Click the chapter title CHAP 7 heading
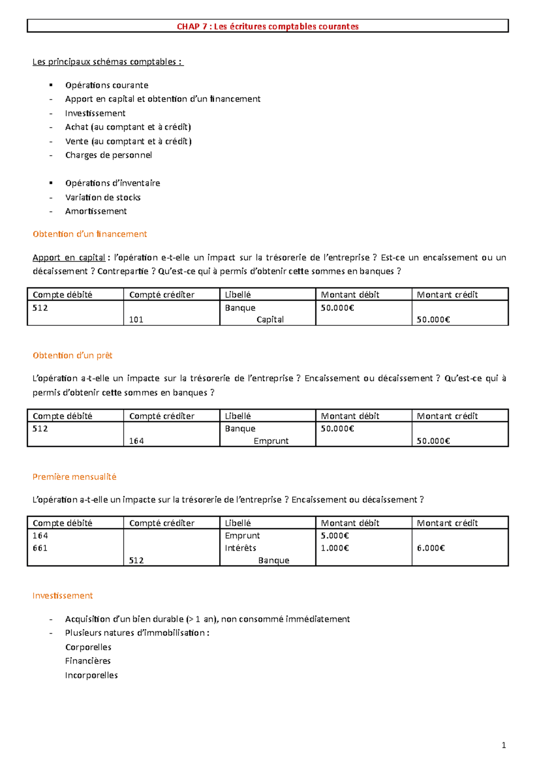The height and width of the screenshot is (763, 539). click(268, 27)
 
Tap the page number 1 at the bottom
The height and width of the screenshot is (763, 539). click(504, 745)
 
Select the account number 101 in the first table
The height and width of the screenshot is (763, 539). click(136, 319)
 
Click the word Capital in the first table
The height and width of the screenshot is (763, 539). click(270, 319)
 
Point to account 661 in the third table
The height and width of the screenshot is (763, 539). click(40, 548)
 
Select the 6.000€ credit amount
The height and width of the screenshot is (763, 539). click(430, 548)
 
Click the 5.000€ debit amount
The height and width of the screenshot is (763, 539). click(335, 536)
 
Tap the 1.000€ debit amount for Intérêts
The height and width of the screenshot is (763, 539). click(335, 548)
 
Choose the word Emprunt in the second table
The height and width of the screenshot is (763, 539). click(271, 441)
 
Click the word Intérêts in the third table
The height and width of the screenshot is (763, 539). click(240, 548)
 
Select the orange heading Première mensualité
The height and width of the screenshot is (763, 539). click(74, 477)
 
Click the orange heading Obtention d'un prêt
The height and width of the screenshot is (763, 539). click(72, 355)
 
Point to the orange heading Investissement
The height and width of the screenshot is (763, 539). click(62, 595)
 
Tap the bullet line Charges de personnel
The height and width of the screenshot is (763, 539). click(108, 155)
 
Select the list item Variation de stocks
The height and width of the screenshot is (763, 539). click(102, 197)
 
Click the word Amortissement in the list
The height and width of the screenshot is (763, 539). click(96, 211)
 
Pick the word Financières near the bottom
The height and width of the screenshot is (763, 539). click(88, 661)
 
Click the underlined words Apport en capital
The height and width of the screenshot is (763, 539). click(69, 257)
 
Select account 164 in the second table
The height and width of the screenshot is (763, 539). click(136, 441)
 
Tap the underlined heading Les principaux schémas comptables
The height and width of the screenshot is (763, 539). click(108, 62)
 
